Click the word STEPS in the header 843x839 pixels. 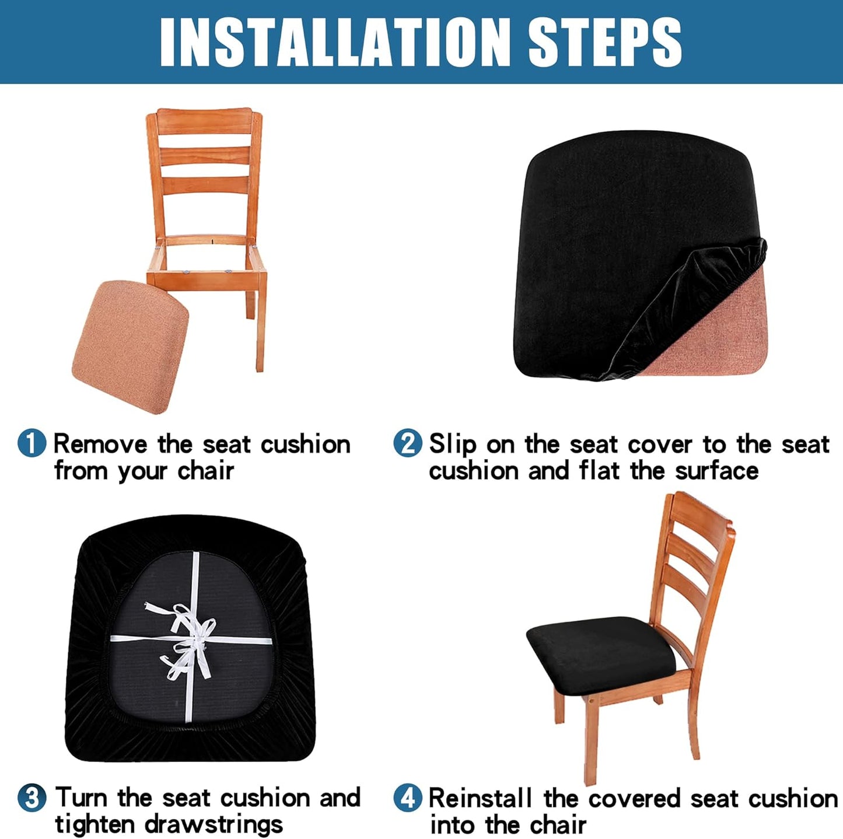[x=604, y=42]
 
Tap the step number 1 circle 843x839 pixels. [x=32, y=443]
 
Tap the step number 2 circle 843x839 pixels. [x=407, y=443]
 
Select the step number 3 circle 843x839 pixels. [x=32, y=797]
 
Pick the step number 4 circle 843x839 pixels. [x=407, y=798]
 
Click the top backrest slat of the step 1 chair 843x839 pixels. [x=204, y=121]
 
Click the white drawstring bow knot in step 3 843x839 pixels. [x=190, y=639]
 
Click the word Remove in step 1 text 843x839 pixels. [x=100, y=445]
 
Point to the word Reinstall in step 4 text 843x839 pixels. [x=480, y=798]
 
